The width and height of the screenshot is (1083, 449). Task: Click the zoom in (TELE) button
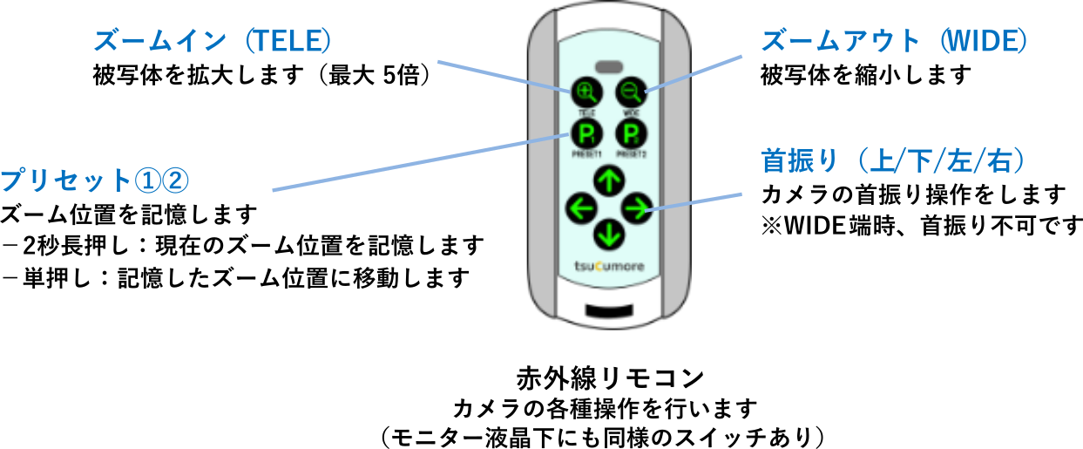coord(585,91)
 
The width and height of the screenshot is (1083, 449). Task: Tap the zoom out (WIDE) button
coord(630,91)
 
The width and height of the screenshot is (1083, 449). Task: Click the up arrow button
coord(608,180)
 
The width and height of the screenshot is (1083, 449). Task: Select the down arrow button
coord(608,235)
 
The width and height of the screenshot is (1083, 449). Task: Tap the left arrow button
coord(579,207)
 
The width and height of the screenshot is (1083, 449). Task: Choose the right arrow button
coord(637,207)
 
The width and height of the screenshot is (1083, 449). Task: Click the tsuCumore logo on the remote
coord(609,266)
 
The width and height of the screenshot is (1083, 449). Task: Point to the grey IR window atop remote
coord(608,66)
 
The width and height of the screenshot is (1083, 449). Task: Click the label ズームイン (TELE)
coord(213,41)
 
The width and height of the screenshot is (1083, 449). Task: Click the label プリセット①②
coord(94,180)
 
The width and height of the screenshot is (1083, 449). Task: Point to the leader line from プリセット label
coord(418,162)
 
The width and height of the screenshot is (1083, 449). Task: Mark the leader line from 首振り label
coord(697,201)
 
